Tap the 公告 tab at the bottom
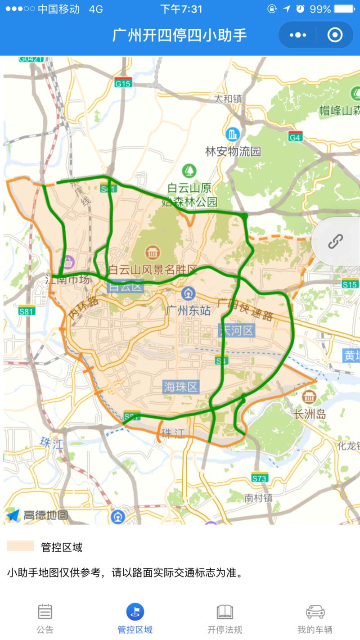45,619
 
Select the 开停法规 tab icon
225,612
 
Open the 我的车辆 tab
315,619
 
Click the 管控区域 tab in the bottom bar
135,619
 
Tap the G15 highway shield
123,83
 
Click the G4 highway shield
295,137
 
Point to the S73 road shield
260,478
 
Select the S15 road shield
350,284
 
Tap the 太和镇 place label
228,98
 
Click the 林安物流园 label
233,152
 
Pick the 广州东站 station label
188,311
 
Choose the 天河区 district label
236,331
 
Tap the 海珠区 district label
181,387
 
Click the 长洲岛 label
309,414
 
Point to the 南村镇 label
259,498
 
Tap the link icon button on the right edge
335,242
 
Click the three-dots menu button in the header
298,35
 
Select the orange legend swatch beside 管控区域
21,546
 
